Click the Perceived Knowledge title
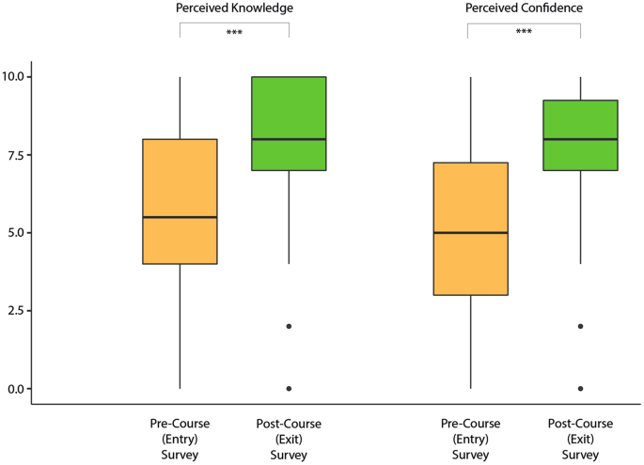pyautogui.click(x=234, y=8)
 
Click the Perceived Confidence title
pyautogui.click(x=524, y=8)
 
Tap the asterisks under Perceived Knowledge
pyautogui.click(x=234, y=34)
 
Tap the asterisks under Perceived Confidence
pyautogui.click(x=524, y=34)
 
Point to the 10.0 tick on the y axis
pyautogui.click(x=17, y=76)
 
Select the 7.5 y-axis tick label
pyautogui.click(x=17, y=155)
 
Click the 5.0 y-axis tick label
pyautogui.click(x=17, y=233)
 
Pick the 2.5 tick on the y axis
pyautogui.click(x=17, y=311)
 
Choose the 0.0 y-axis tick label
pyautogui.click(x=17, y=389)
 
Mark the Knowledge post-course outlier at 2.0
pyautogui.click(x=289, y=326)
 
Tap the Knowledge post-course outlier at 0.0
pyautogui.click(x=289, y=388)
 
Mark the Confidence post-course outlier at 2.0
pyautogui.click(x=579, y=326)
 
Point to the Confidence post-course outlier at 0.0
pyautogui.click(x=579, y=388)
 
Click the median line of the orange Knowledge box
pyautogui.click(x=180, y=217)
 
